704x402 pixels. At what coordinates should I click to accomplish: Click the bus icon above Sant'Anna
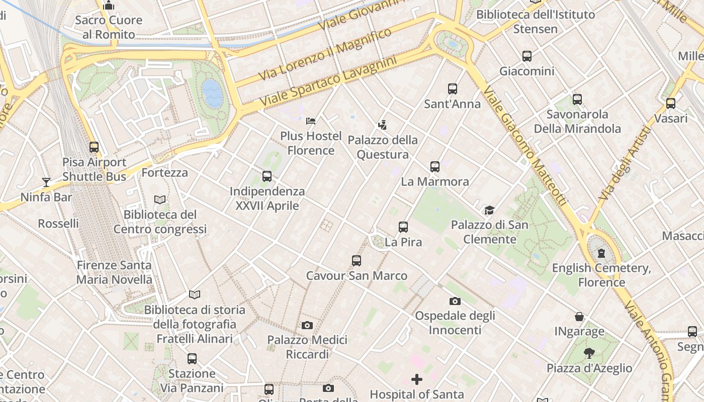coord(453,89)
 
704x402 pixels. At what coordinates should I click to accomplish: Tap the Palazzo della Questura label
coord(382,147)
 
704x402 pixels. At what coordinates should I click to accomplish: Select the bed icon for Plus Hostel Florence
coord(311,121)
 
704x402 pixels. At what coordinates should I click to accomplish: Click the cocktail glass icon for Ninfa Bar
coord(46,182)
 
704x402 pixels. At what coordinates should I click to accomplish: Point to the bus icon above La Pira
coord(403,227)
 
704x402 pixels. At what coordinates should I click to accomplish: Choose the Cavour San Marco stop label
coord(357,275)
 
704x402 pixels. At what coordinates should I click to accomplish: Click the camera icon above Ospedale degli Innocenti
coord(455,301)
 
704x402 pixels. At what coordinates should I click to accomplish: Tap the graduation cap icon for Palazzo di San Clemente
coord(489,210)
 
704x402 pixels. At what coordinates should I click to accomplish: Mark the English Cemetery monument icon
coord(601,253)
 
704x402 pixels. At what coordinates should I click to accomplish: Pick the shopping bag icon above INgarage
coord(579,317)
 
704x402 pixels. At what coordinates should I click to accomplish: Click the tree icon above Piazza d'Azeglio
coord(589,353)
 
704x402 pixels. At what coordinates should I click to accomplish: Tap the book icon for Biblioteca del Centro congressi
coord(160,200)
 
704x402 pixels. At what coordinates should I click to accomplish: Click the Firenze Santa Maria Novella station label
coord(114,272)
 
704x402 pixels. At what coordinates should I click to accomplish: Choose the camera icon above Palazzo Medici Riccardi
coord(307,325)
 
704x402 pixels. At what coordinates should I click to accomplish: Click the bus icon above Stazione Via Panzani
coord(192,359)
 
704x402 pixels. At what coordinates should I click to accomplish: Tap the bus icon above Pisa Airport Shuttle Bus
coord(94,147)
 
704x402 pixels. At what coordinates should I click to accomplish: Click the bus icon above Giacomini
coord(527,56)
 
